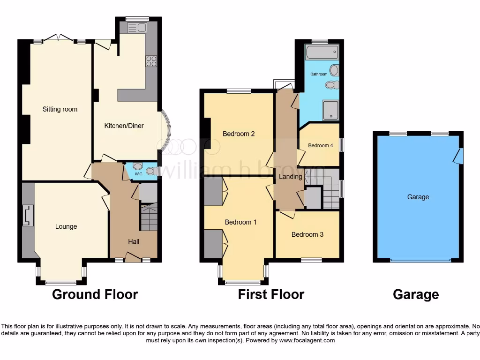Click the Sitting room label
click(x=60, y=109)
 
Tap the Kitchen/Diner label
click(x=124, y=126)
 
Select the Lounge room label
click(x=66, y=226)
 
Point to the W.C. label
click(x=138, y=174)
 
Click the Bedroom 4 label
click(x=321, y=145)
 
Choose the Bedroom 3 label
click(x=307, y=234)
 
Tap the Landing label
click(x=291, y=177)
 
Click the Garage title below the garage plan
click(x=416, y=294)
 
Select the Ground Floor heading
click(x=95, y=294)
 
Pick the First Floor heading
click(x=271, y=294)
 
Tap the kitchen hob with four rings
click(x=151, y=61)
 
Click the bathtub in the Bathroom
click(x=322, y=52)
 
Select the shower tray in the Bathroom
click(x=331, y=111)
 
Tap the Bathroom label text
click(x=319, y=74)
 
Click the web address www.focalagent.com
click(x=307, y=340)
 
